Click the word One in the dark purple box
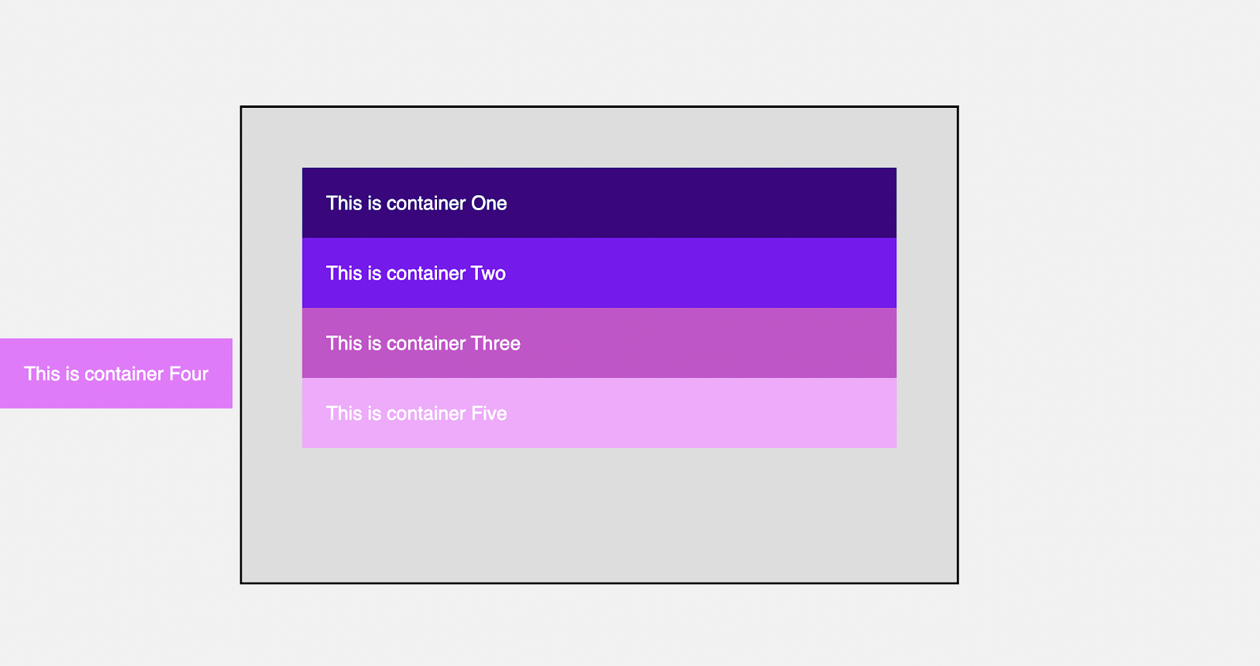click(489, 203)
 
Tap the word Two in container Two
click(487, 273)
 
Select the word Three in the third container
click(495, 343)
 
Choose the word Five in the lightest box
click(488, 413)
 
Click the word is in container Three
click(375, 343)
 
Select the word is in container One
click(375, 203)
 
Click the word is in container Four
click(72, 373)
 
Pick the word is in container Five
click(375, 413)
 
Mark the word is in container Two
click(375, 273)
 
